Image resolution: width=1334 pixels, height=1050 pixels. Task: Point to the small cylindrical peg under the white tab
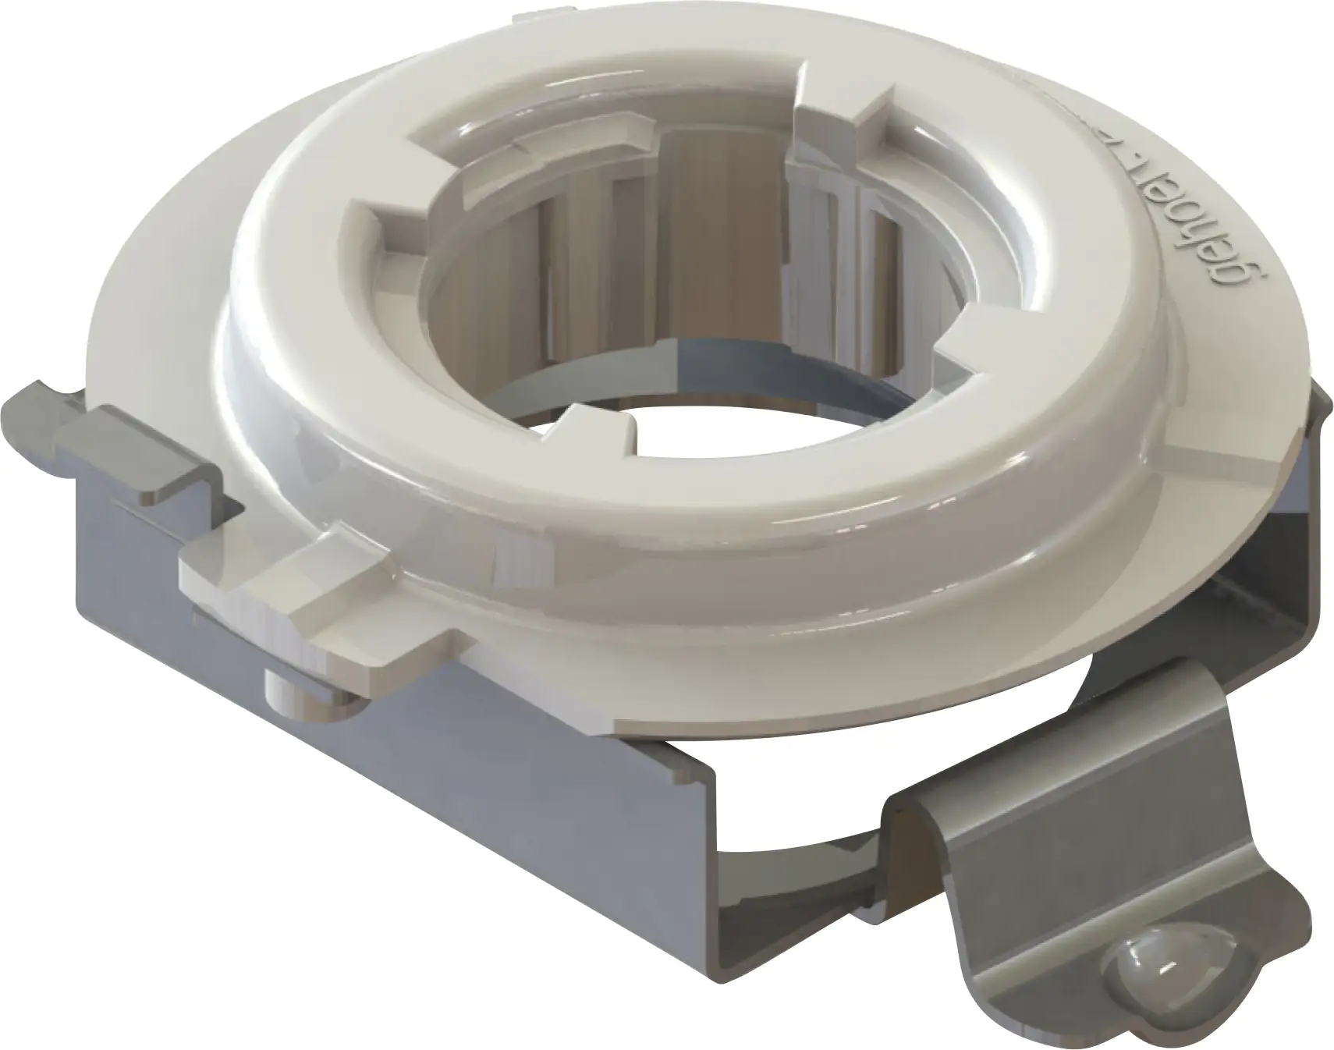coord(285,686)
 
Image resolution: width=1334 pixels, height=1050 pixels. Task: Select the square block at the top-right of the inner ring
coord(843,117)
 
